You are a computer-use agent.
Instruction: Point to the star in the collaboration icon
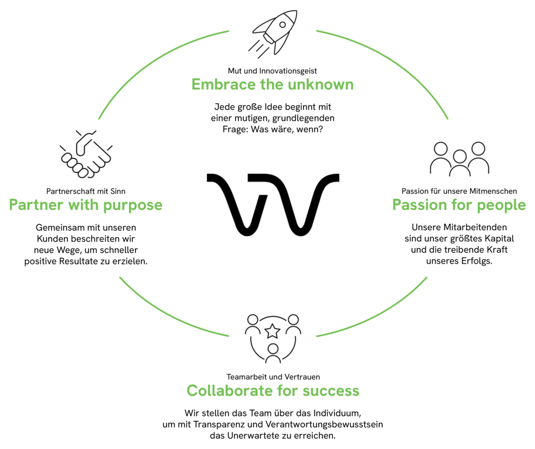point(273,329)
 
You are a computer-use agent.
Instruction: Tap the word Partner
point(36,205)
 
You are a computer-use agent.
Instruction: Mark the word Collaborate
point(230,390)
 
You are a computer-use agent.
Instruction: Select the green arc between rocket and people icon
point(394,59)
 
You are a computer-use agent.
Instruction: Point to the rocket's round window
point(282,24)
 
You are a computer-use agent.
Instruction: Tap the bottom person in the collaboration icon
point(273,354)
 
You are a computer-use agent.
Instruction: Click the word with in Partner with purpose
point(81,205)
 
